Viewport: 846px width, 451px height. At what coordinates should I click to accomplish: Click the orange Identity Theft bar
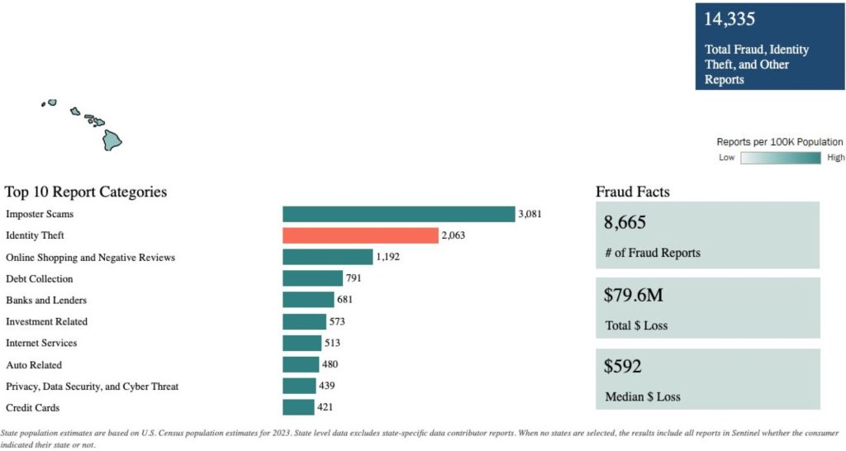(360, 235)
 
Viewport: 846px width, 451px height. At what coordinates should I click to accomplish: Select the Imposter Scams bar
(398, 214)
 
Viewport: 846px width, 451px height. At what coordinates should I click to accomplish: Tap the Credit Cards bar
(298, 407)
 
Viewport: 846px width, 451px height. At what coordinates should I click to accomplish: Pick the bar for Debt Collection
(312, 278)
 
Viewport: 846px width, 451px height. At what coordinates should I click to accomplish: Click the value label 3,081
(530, 214)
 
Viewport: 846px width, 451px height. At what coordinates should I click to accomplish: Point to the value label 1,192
(388, 257)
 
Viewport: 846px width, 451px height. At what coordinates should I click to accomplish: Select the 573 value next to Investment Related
(337, 321)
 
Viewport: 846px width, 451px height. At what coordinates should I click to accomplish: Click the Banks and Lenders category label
(46, 300)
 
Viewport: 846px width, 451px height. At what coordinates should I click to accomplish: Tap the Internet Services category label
(41, 343)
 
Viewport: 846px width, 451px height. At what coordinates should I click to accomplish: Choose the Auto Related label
(34, 364)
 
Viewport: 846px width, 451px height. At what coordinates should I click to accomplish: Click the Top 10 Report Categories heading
(86, 192)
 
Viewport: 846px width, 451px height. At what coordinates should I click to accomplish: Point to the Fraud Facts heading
(633, 192)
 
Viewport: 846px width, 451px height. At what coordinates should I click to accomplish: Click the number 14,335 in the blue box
(730, 19)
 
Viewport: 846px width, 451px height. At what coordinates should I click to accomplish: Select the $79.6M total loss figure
(632, 295)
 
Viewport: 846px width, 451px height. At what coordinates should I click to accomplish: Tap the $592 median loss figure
(623, 366)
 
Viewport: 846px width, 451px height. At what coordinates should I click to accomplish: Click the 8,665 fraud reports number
(625, 222)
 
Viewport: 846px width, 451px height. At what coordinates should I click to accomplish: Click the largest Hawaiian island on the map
(112, 140)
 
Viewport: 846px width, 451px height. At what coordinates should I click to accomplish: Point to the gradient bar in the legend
(780, 158)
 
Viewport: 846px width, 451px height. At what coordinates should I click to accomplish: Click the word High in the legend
(835, 158)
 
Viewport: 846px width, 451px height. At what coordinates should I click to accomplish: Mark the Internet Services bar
(302, 343)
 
